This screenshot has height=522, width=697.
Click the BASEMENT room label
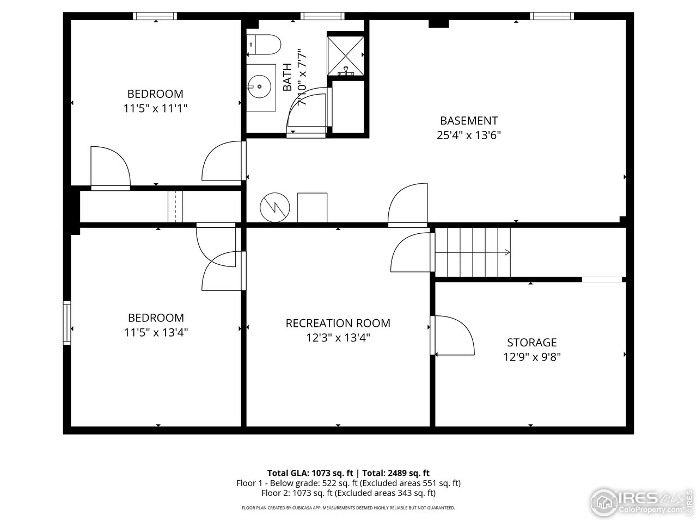click(468, 121)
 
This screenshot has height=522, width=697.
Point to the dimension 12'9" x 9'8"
click(531, 357)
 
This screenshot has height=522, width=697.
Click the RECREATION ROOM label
click(338, 323)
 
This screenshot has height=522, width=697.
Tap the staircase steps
click(472, 252)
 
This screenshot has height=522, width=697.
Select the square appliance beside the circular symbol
click(312, 207)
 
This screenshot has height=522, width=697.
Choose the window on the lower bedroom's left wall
click(67, 322)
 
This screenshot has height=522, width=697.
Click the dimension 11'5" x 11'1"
click(155, 108)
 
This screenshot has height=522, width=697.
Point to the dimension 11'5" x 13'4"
click(155, 332)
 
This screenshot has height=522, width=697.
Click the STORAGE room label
click(531, 343)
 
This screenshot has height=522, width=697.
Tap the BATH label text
click(287, 77)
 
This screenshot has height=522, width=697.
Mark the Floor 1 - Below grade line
click(348, 483)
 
